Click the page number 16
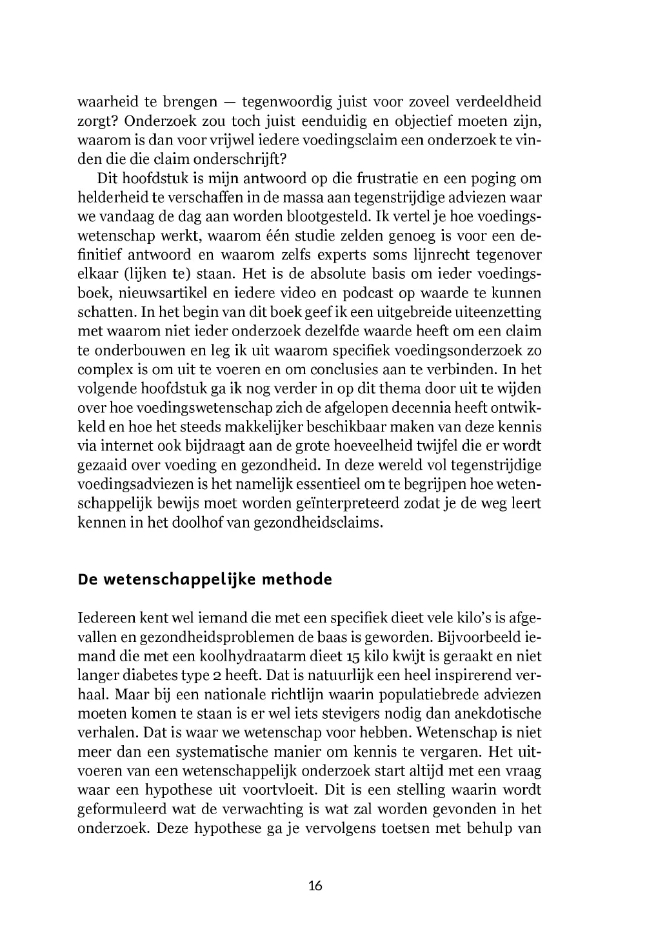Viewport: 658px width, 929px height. point(315,885)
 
